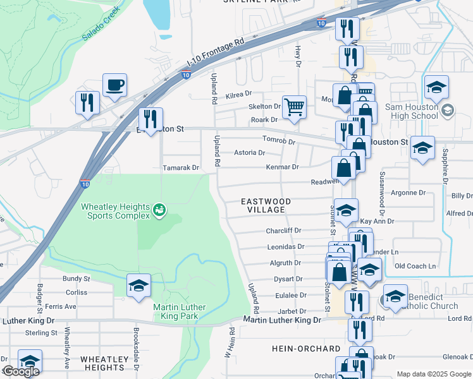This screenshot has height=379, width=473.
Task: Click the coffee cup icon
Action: pos(114,85)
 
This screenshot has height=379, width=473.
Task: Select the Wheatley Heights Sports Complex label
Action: pos(116,210)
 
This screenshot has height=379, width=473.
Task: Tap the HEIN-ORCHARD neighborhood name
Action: pos(306,349)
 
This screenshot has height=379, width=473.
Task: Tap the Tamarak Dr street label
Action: pos(181,168)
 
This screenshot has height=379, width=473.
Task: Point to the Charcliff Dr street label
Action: pos(283,231)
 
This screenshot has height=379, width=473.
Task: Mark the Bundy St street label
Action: pos(76,279)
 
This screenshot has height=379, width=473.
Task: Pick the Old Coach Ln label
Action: pos(415,266)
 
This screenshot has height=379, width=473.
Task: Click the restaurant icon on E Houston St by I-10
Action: pos(150,119)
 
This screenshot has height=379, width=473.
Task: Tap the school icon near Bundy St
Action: pos(138,286)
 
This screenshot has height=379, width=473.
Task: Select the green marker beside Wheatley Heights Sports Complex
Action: pos(160,208)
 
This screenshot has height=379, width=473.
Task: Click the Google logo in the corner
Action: pos(21,371)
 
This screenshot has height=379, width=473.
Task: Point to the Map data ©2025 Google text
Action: pos(434,374)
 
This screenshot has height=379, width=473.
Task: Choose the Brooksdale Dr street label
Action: pos(136,342)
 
